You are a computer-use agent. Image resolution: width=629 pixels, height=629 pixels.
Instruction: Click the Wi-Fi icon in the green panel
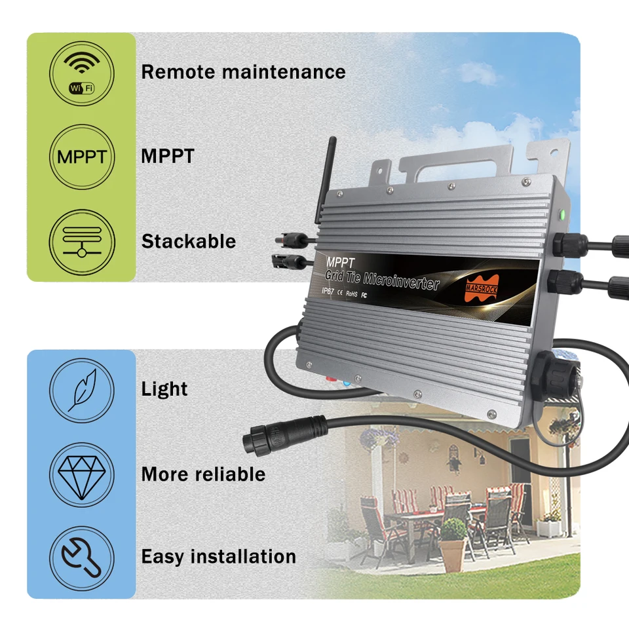coord(82,73)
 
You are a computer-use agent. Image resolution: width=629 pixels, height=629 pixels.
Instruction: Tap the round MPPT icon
coord(82,157)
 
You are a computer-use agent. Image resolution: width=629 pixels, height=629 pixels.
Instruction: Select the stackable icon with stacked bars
coord(82,242)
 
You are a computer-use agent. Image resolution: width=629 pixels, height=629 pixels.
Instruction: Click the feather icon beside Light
coord(82,391)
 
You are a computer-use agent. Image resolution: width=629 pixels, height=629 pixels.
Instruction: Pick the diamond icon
coord(82,475)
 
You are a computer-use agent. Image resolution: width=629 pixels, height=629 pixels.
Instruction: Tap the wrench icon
coord(82,558)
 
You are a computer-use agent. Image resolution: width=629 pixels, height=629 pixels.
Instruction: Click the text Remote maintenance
coord(243,72)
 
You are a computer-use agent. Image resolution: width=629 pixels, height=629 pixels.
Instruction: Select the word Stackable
coord(189,242)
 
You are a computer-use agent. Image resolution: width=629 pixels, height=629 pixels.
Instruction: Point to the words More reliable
coord(203,474)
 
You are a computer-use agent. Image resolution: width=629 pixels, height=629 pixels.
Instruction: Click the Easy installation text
coord(219,557)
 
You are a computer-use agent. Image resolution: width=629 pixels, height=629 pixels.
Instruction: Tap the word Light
coord(164,389)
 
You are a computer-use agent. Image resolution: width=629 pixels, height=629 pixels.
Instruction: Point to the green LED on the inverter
coord(562,215)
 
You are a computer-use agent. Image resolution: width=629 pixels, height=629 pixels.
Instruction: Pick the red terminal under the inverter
coord(332,378)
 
